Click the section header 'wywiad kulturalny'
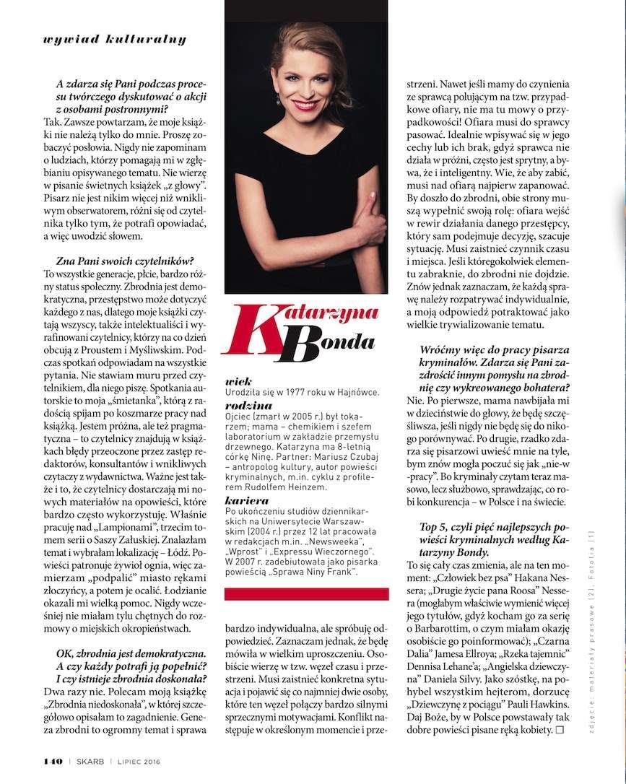pos(115,39)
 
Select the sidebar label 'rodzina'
pos(247,406)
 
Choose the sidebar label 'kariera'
pos(245,500)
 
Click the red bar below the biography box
pos(307,595)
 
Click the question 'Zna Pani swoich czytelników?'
pos(129,260)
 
